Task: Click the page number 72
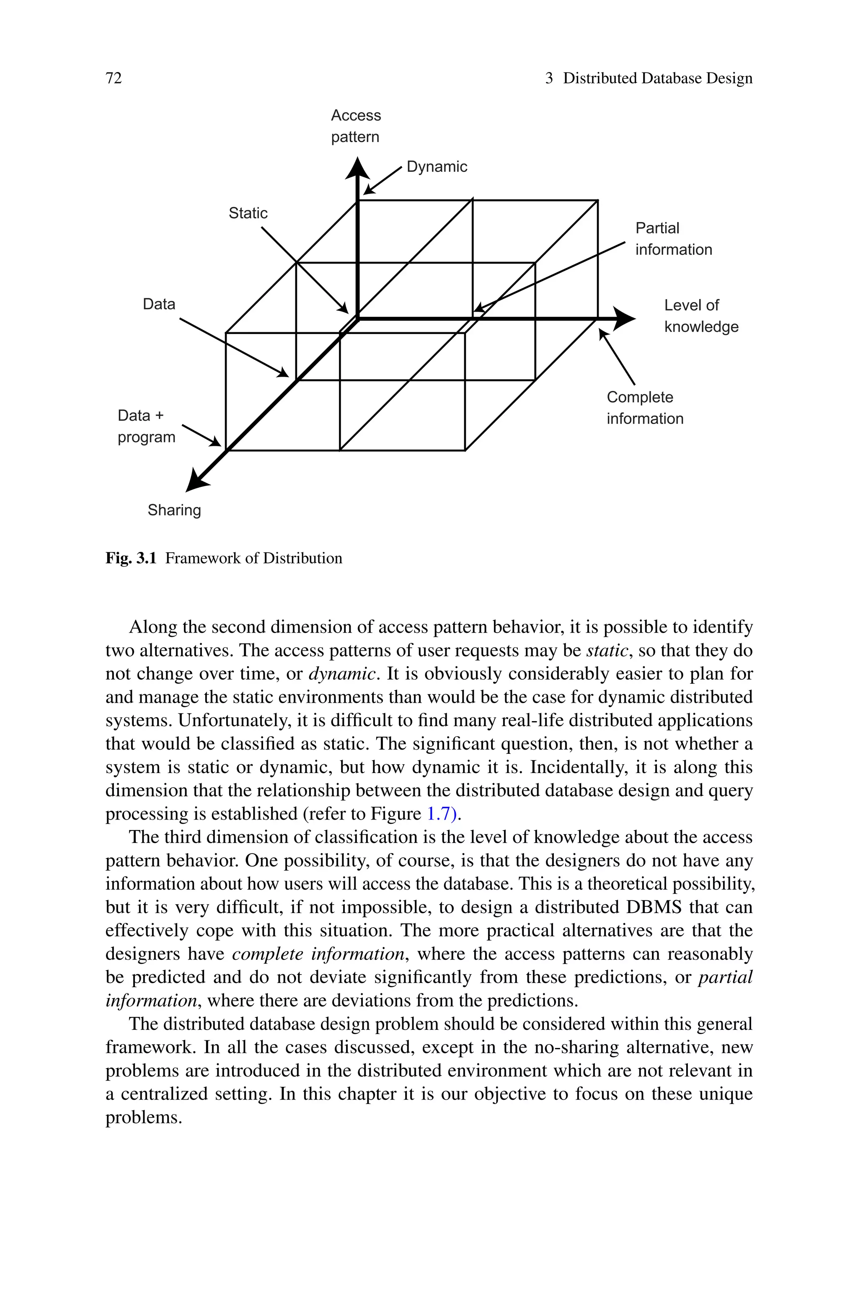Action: [x=114, y=78]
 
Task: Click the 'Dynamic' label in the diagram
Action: [x=437, y=167]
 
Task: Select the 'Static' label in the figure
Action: [x=248, y=213]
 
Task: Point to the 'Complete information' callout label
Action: [x=645, y=408]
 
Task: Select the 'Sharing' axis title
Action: [x=174, y=510]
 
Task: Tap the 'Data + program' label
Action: [x=146, y=426]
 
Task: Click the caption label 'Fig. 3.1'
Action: [x=131, y=559]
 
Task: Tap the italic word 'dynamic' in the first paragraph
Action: [x=343, y=673]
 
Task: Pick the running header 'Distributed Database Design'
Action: [x=658, y=78]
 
